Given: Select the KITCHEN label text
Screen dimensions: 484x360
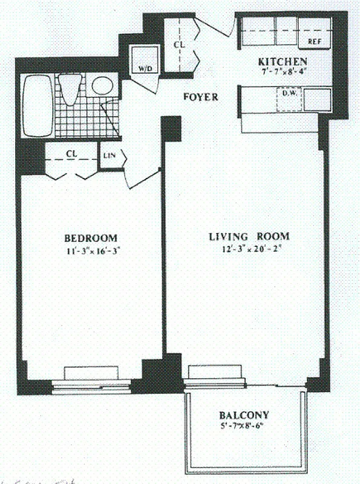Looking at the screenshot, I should (x=283, y=62).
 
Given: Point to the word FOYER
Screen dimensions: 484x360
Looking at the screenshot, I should (x=200, y=97).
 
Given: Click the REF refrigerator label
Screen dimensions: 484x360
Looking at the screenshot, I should (x=314, y=42).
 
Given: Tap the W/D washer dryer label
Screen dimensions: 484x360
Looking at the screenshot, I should (x=145, y=69).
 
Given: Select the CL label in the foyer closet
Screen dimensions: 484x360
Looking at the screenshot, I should (x=179, y=44).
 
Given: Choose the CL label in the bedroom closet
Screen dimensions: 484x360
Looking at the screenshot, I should (x=71, y=154).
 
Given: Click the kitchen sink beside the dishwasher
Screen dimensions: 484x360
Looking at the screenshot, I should (x=317, y=100).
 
